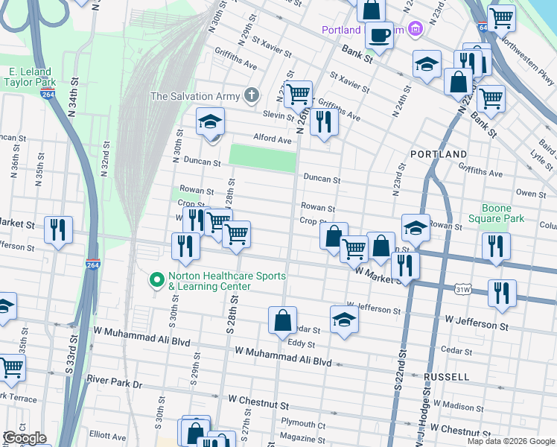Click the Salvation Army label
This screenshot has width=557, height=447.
tap(195, 96)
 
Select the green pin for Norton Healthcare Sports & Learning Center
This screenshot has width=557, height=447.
tap(156, 281)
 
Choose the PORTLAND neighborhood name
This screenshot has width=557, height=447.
tap(439, 154)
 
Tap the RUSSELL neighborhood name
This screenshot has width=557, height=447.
tap(447, 377)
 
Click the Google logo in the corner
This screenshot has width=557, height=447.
tap(24, 438)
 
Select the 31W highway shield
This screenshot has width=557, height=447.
tap(462, 287)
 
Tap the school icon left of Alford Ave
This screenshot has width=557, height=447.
tap(211, 121)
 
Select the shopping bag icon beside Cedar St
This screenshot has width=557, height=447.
tap(283, 321)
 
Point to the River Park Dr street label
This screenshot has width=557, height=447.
tap(113, 380)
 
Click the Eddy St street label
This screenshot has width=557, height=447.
tap(302, 344)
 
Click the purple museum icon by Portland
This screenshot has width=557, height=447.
tap(416, 30)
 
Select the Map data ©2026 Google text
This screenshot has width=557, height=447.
tap(511, 441)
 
